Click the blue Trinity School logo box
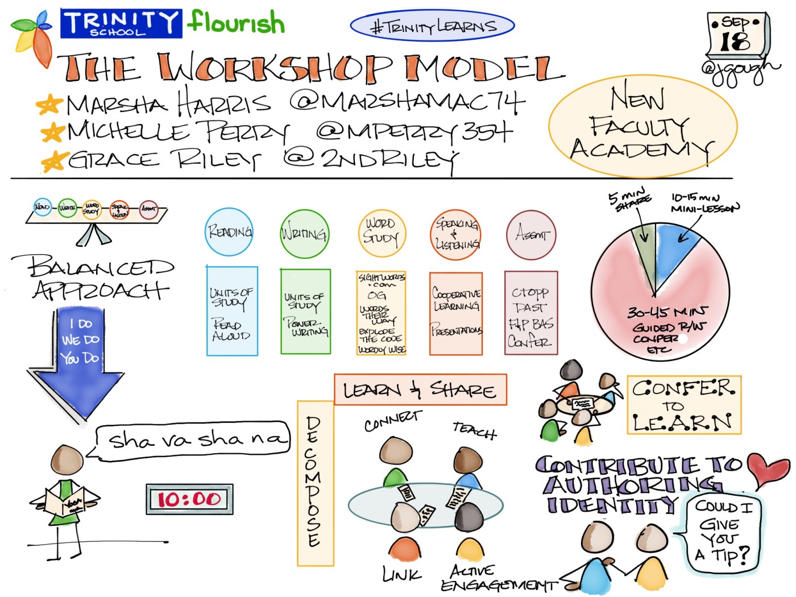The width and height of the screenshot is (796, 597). pyautogui.click(x=121, y=23)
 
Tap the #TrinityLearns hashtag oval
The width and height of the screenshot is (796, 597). pyautogui.click(x=432, y=26)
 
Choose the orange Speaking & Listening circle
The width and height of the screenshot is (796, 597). pyautogui.click(x=456, y=235)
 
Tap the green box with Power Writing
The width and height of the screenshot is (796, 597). pyautogui.click(x=305, y=312)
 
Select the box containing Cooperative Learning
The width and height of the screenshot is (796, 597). pyautogui.click(x=456, y=313)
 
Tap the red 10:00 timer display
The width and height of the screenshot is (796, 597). pyautogui.click(x=189, y=499)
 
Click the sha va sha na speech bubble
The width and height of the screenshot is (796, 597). pyautogui.click(x=193, y=439)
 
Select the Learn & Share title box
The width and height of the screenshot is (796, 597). pyautogui.click(x=420, y=389)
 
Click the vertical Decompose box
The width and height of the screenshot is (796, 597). pyautogui.click(x=315, y=483)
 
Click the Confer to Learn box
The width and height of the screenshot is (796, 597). pyautogui.click(x=684, y=405)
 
